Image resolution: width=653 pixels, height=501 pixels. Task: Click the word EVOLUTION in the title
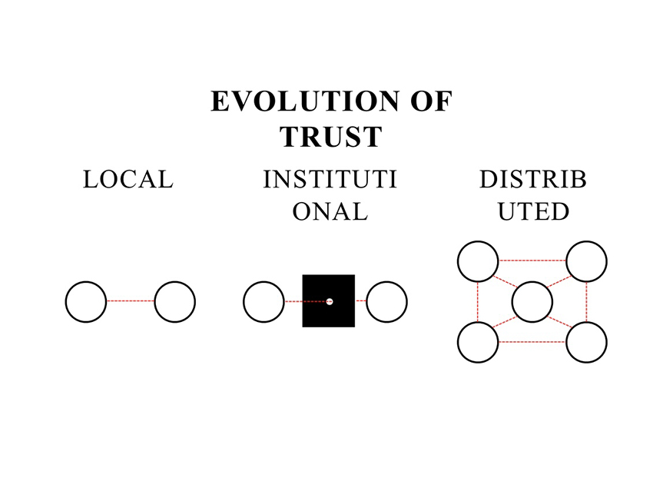305,101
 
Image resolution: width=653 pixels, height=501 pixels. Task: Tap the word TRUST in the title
331,137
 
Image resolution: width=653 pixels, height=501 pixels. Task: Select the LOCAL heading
128,180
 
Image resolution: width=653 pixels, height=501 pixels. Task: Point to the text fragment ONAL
330,211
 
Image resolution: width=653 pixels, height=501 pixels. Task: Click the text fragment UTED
533,211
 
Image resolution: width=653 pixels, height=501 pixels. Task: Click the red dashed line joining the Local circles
131,300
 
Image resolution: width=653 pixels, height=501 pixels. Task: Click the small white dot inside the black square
330,301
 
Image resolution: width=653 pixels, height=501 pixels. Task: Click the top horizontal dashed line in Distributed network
532,260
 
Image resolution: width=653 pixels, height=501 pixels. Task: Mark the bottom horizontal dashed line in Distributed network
532,342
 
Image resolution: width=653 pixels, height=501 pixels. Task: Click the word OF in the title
432,101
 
